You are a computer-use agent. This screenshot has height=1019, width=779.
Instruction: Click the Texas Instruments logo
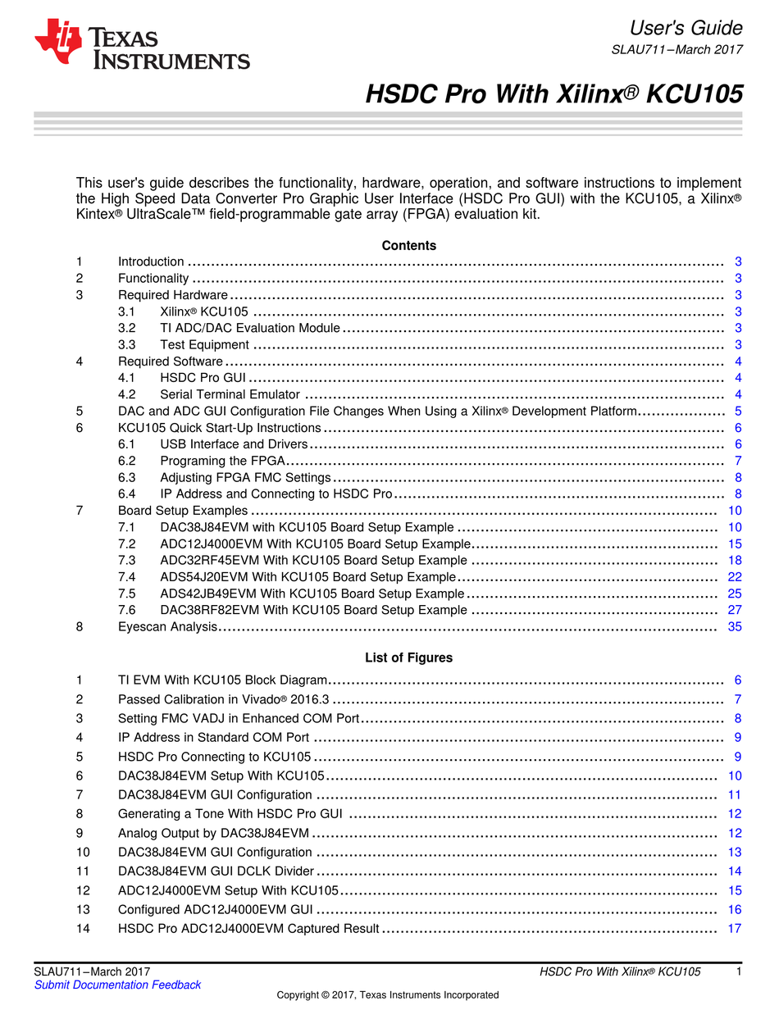tap(141, 45)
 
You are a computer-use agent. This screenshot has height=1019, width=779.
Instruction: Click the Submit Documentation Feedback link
tap(117, 985)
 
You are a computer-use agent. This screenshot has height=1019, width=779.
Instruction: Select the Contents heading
tap(408, 245)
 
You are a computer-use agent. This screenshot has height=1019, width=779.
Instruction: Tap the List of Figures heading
tap(408, 657)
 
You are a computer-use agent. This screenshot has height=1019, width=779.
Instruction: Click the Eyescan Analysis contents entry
tap(168, 626)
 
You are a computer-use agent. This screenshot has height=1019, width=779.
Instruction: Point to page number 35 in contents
tap(735, 626)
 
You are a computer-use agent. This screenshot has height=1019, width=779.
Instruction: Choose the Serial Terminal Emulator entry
tap(230, 394)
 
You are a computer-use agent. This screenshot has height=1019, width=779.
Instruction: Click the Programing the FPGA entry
tap(222, 461)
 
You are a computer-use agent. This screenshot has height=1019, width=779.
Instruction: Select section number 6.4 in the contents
tap(127, 494)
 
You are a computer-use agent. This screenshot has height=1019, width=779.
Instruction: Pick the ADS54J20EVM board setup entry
tap(307, 577)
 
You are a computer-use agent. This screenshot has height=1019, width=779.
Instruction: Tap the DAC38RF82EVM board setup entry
tap(313, 610)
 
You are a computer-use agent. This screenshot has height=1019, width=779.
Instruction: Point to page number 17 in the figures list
tap(735, 928)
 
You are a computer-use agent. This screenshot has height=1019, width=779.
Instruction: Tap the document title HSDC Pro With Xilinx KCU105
tap(553, 94)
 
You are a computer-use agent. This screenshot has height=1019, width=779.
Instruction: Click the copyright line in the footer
tap(388, 994)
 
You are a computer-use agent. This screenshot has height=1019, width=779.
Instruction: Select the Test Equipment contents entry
tap(204, 344)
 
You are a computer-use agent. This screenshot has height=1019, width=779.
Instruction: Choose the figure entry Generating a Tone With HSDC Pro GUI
tap(230, 813)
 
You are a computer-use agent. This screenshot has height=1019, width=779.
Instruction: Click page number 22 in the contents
tap(735, 577)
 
